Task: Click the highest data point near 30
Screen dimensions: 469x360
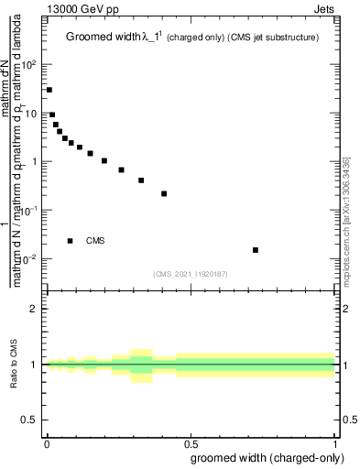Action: [x=49, y=90]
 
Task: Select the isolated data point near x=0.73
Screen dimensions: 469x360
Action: [x=256, y=250]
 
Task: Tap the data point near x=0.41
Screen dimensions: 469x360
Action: [x=164, y=193]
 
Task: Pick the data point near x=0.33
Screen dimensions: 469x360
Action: [x=141, y=180]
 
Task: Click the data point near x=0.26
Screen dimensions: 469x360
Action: [x=121, y=169]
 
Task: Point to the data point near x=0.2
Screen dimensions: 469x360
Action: [x=104, y=161]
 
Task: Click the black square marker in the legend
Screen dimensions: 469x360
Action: [x=71, y=241]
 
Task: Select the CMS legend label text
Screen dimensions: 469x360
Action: [x=95, y=241]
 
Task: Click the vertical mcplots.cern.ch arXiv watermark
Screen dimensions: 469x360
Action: [x=345, y=220]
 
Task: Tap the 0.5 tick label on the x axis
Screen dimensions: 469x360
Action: [x=191, y=442]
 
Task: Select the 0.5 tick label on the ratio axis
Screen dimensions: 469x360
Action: [x=29, y=420]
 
